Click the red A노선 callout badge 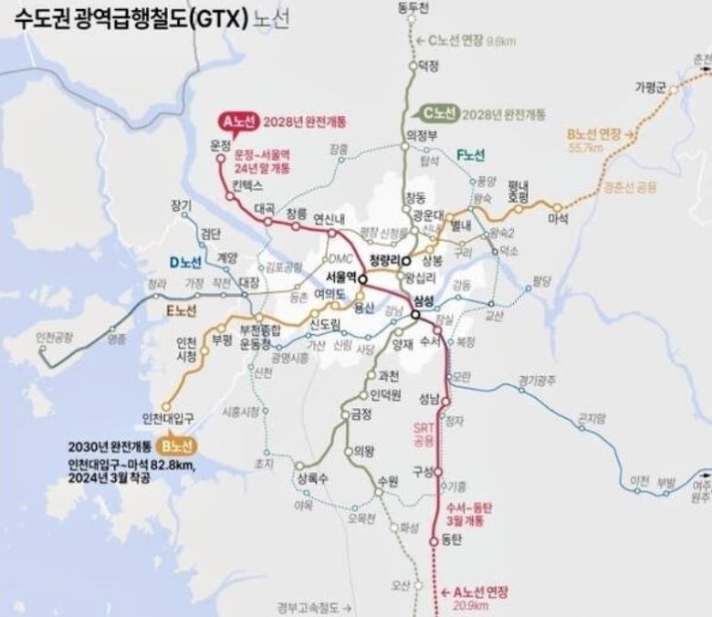[238, 120]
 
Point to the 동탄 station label [452, 541]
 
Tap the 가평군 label [652, 87]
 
